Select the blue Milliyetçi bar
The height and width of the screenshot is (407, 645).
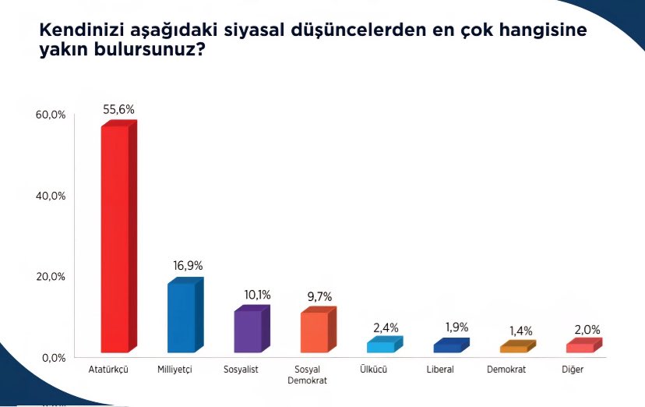[x=182, y=317]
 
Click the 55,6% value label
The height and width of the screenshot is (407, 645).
[x=118, y=109]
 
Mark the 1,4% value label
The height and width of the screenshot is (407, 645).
[x=520, y=330]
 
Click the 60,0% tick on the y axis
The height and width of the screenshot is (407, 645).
[x=51, y=115]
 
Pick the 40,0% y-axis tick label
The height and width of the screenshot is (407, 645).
[x=51, y=196]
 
